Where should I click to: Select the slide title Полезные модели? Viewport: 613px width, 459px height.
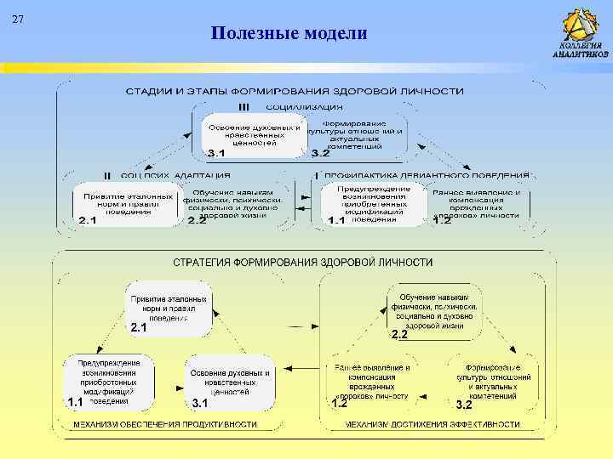click(289, 33)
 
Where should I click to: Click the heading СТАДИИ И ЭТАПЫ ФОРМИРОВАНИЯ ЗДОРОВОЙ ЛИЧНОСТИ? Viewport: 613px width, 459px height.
click(295, 90)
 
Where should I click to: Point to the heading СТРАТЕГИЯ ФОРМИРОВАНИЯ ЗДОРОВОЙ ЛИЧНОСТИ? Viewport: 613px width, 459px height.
click(302, 263)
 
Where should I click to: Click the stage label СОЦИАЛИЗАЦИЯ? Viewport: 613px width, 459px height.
click(304, 107)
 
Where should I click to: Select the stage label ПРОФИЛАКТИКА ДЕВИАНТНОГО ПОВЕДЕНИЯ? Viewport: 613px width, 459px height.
click(427, 175)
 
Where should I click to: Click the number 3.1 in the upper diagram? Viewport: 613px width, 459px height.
click(216, 154)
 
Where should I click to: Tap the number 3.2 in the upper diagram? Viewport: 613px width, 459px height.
click(320, 154)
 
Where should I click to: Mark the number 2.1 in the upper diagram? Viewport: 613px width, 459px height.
click(88, 221)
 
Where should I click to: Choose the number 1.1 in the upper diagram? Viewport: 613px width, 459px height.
click(336, 221)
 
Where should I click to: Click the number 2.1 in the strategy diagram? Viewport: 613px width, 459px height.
click(139, 327)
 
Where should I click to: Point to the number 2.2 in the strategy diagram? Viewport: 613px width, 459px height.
click(399, 335)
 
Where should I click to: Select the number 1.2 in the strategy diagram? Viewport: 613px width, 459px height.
click(339, 404)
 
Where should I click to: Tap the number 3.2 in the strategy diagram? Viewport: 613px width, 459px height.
click(464, 404)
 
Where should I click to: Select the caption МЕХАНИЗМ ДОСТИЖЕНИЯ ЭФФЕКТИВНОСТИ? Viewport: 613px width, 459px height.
click(424, 423)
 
